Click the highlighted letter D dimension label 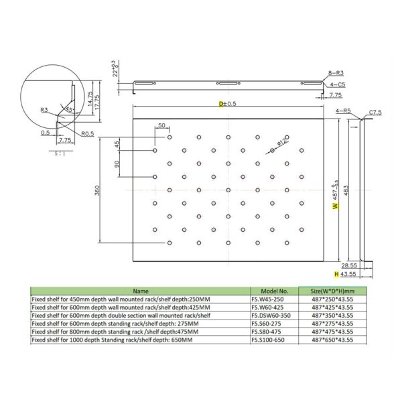(222, 104)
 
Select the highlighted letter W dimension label (334, 207)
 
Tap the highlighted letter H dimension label (336, 274)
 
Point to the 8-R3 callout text (338, 72)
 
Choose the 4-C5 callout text (338, 85)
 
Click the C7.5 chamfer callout (375, 112)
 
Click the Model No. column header (275, 291)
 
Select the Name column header (141, 291)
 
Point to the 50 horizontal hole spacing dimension (161, 126)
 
